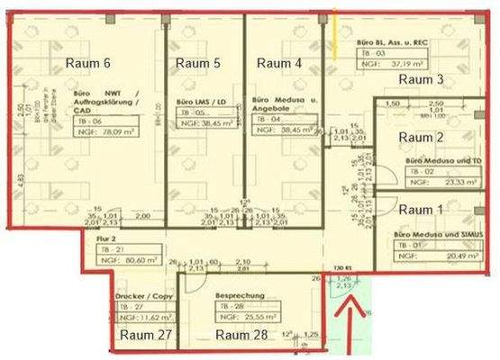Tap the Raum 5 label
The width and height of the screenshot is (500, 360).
tap(197, 63)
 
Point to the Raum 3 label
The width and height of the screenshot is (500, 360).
tap(423, 79)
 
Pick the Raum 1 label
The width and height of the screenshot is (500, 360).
tap(422, 209)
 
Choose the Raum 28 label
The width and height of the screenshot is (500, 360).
tap(240, 335)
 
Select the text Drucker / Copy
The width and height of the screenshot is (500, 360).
tap(142, 295)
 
